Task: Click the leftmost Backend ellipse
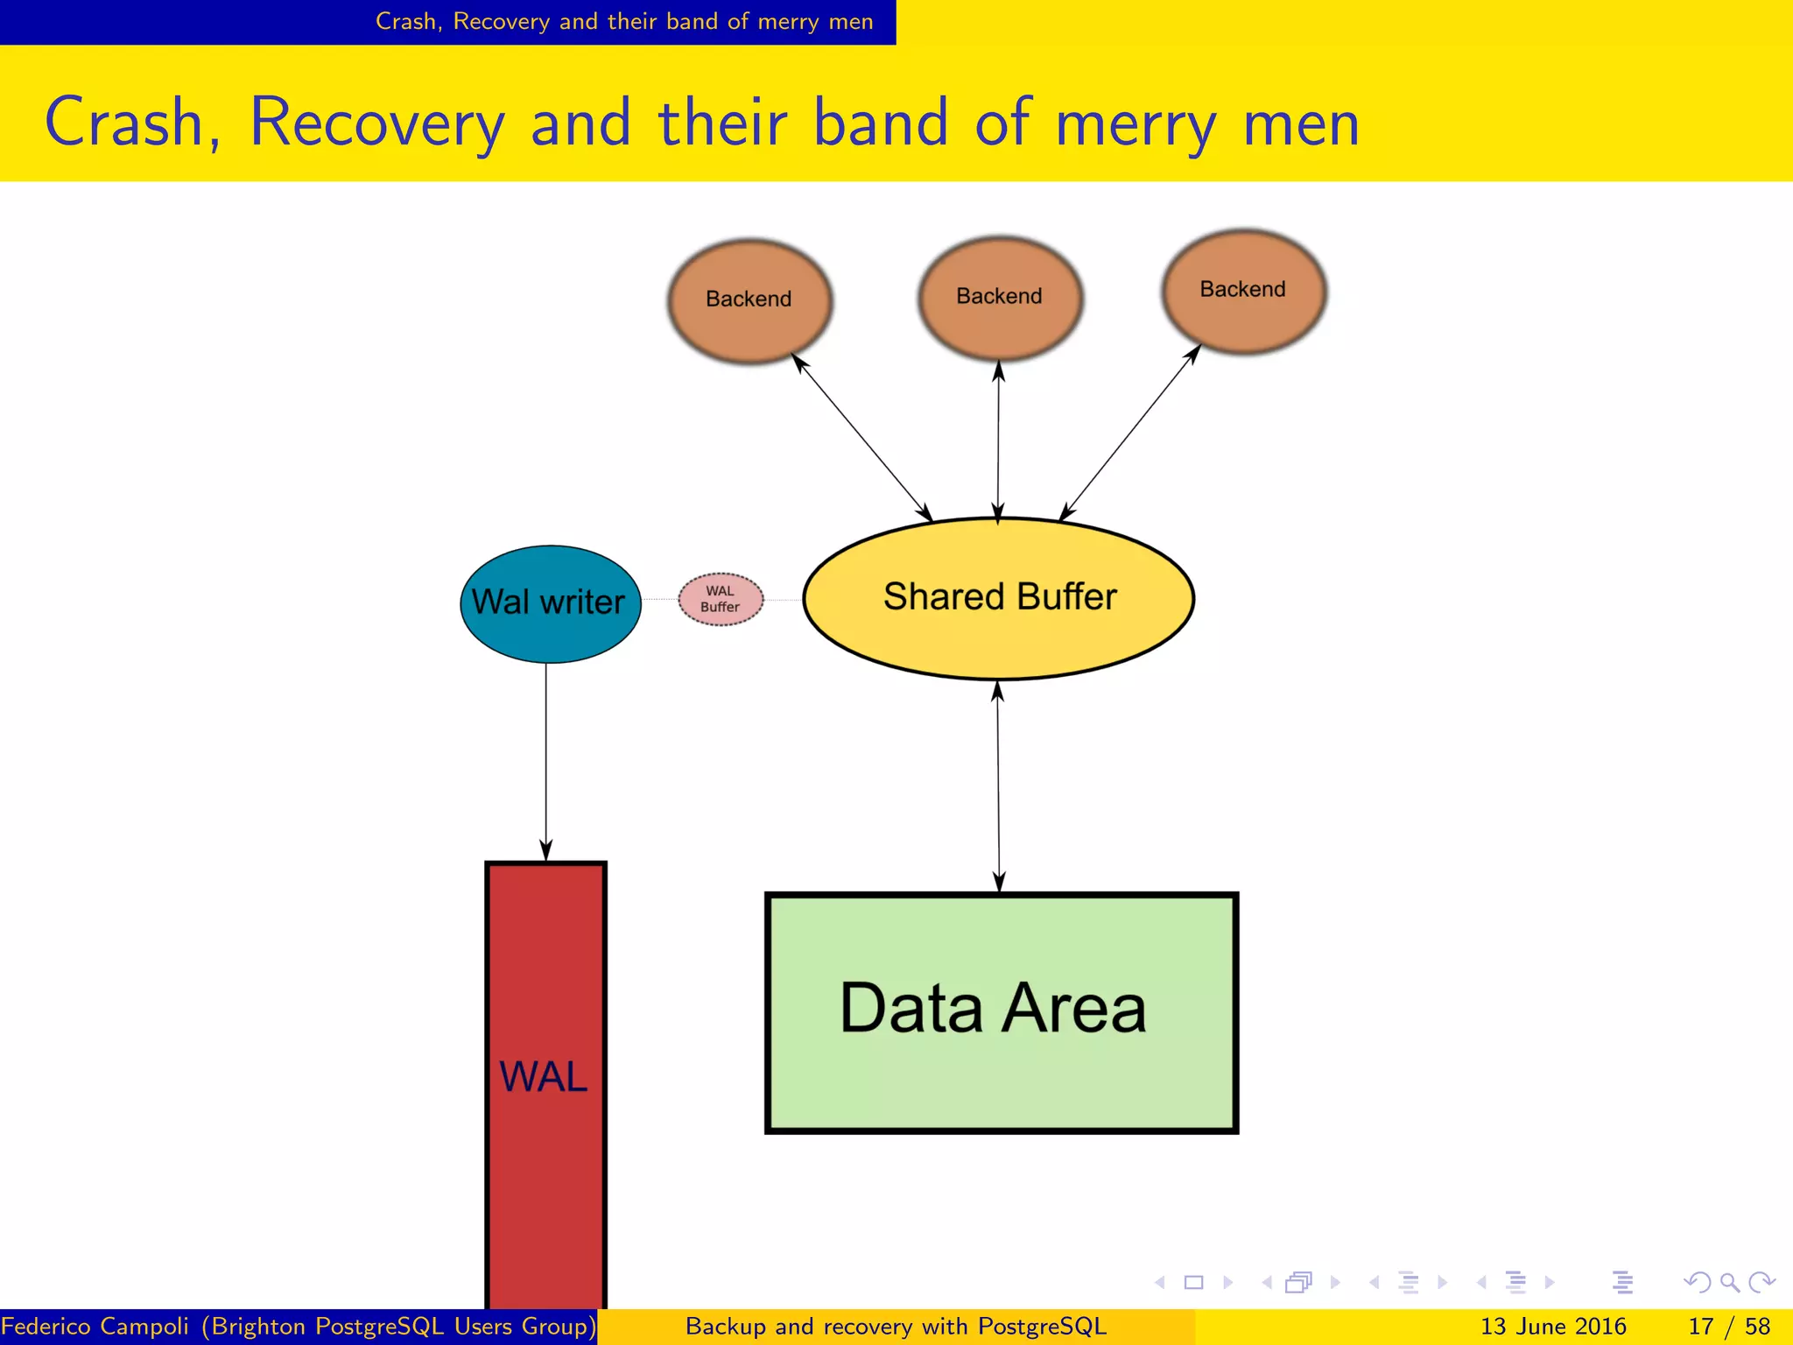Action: point(749,300)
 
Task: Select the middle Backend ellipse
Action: point(1000,298)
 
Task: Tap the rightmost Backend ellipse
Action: point(1243,291)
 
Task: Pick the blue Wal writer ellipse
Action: point(550,603)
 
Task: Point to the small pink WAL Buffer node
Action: point(721,599)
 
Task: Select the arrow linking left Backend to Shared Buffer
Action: point(861,437)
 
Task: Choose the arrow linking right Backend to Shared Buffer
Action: point(1130,433)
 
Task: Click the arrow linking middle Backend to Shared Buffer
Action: point(998,442)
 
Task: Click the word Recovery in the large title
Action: point(377,123)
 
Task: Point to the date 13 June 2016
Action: point(1552,1327)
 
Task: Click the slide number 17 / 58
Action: point(1728,1327)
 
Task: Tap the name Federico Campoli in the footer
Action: point(95,1327)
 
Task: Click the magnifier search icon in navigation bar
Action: point(1729,1283)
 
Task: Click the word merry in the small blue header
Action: point(790,21)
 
